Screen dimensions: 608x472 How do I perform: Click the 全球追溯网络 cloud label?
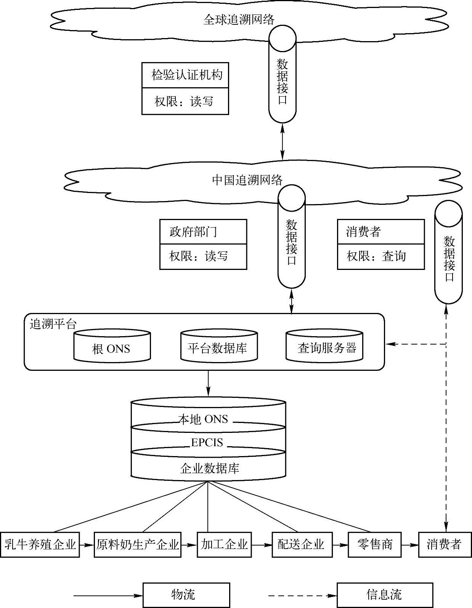pos(239,19)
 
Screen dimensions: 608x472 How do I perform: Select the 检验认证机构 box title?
pos(186,75)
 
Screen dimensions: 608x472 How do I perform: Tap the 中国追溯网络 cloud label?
pos(247,180)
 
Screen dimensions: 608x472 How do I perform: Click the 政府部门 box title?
pos(193,231)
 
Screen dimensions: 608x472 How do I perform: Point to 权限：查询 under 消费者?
pos(376,256)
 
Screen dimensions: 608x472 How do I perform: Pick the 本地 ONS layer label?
pos(203,419)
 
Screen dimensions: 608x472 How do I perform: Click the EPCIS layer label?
pos(207,443)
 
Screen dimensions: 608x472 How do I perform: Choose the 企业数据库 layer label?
pos(209,468)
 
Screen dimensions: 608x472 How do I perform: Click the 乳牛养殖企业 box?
pos(40,544)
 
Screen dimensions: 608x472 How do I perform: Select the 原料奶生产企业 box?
pos(137,544)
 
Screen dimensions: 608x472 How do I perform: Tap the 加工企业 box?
pos(224,544)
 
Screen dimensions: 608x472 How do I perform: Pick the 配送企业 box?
pos(301,544)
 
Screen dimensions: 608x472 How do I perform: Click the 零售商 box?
pos(375,544)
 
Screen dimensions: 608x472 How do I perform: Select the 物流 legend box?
pos(186,595)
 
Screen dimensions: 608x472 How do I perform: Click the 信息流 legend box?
pos(384,595)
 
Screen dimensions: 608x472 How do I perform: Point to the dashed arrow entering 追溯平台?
pos(416,344)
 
